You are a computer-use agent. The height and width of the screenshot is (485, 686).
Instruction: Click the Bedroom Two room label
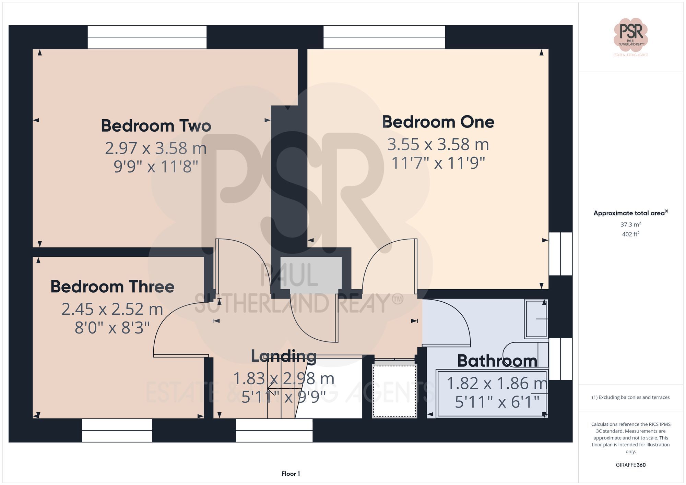156,126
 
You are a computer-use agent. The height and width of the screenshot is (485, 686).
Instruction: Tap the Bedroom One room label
438,122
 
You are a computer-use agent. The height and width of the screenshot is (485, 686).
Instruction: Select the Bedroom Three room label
112,287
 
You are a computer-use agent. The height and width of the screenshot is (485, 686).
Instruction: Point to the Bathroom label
497,361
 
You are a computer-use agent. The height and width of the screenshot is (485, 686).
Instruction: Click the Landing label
284,356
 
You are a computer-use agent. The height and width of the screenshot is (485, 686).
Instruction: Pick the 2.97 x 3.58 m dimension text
156,148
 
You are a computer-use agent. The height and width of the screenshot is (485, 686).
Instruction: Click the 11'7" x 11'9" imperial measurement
438,163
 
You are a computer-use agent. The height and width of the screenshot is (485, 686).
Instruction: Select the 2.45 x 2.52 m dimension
112,309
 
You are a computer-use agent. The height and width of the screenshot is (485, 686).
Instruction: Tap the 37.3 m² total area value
630,225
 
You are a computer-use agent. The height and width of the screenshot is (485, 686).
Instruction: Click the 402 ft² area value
630,234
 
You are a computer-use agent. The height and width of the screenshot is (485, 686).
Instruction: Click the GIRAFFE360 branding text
630,465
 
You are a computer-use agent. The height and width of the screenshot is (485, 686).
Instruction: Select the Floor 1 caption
291,474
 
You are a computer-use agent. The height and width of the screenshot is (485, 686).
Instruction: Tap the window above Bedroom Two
147,37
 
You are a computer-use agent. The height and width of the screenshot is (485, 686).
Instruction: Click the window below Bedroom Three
117,431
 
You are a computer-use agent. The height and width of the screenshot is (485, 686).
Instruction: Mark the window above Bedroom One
384,37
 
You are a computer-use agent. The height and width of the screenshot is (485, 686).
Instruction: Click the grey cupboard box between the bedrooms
311,273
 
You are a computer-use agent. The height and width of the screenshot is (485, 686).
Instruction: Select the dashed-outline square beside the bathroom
394,391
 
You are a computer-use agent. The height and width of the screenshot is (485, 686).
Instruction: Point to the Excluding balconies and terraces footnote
630,397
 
